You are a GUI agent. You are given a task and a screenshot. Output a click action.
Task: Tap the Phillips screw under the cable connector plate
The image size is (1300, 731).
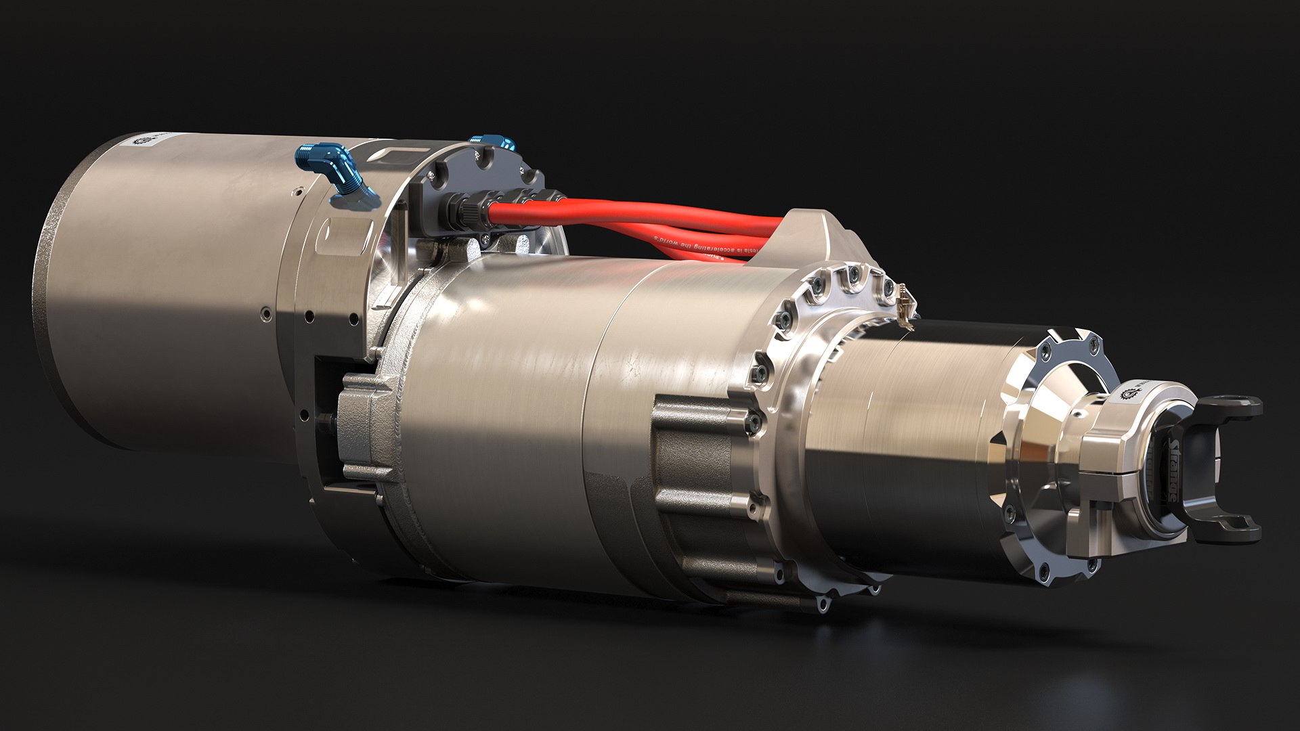pyautogui.click(x=486, y=238)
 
